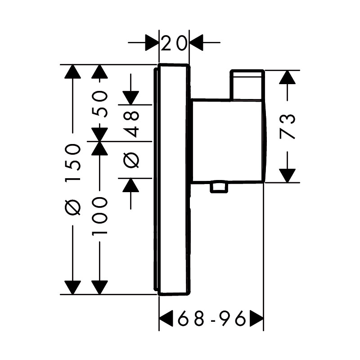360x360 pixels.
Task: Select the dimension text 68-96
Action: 212,319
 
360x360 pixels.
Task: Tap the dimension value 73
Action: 287,127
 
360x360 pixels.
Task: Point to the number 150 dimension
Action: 73,163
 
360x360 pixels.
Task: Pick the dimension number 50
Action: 99,104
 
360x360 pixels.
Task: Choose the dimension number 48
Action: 131,124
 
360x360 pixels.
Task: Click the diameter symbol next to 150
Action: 73,207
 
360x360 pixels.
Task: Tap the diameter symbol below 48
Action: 131,160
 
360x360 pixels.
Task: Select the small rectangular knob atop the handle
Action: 247,85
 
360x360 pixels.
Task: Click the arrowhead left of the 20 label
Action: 152,43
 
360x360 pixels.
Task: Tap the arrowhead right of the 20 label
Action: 196,43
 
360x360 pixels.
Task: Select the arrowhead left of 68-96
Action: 166,318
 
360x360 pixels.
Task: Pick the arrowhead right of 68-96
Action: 256,318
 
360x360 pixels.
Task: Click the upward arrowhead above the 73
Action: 287,77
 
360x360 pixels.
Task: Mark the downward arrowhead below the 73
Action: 287,175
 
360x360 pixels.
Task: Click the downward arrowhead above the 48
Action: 131,98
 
